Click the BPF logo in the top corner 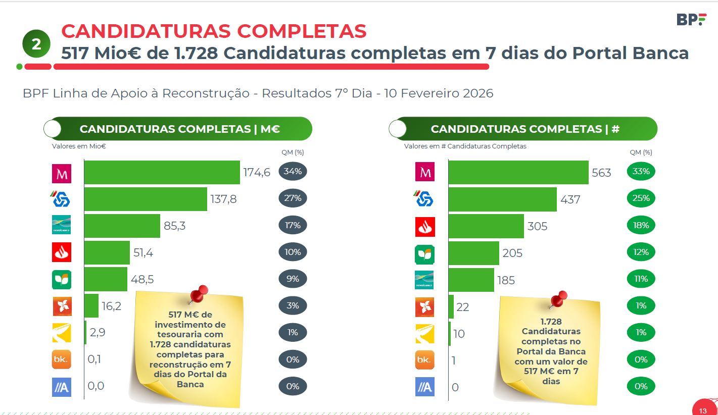click(691, 20)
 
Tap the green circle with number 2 click(36, 44)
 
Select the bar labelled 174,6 click(162, 172)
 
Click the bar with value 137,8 click(146, 199)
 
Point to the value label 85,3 click(174, 226)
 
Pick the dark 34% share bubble click(293, 172)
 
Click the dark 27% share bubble click(293, 198)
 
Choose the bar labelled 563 click(518, 172)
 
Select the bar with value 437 click(502, 199)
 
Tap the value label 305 click(537, 226)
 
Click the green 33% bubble click(641, 172)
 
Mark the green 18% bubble click(641, 225)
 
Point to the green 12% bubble click(641, 252)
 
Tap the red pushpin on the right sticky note click(558, 299)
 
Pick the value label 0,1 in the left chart click(95, 359)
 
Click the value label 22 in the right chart click(462, 307)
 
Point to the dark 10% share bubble click(293, 252)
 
